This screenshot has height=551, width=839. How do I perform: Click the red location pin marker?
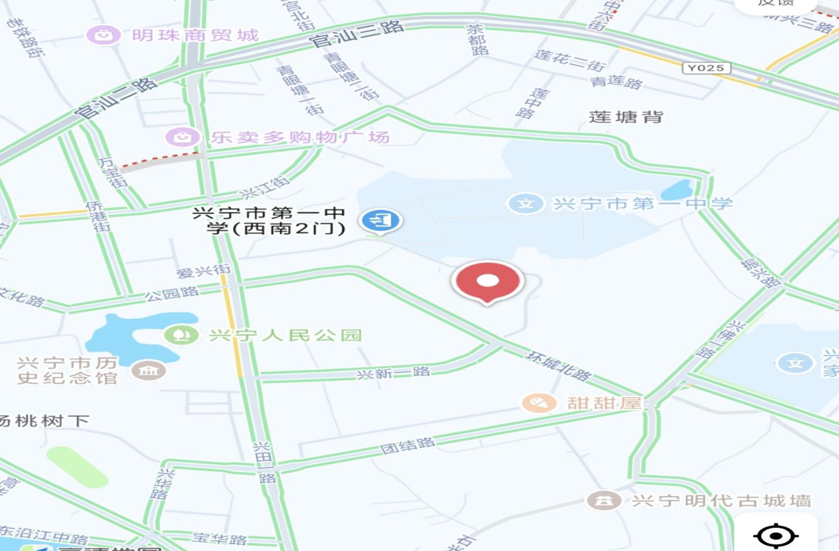tap(487, 281)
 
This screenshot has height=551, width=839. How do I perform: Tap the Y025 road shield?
tap(706, 68)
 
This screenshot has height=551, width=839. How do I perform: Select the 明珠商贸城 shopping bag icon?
tap(103, 35)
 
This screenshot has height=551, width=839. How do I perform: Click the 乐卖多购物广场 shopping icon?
tap(182, 137)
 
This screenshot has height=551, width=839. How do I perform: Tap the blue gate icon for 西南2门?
tap(380, 220)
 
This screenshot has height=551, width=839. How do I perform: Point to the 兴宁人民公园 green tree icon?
tap(182, 335)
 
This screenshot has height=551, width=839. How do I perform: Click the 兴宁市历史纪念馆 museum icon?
tap(148, 370)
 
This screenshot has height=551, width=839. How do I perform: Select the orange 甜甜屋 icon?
tap(538, 402)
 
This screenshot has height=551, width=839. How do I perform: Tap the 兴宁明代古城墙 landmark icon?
tap(604, 501)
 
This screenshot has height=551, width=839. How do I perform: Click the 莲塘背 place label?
tap(626, 117)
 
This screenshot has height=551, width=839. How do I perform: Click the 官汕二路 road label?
tap(116, 98)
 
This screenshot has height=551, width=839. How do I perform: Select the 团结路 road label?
tap(407, 445)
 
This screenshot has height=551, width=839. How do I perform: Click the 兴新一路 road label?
tap(393, 372)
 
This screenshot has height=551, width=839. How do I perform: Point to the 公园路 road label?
tap(172, 293)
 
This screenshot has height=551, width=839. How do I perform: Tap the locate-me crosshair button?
tap(776, 535)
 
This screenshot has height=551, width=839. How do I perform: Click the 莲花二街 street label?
tap(570, 60)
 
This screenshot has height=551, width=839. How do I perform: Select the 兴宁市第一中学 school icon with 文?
tap(526, 204)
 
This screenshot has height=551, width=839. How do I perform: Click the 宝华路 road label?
tap(219, 538)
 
